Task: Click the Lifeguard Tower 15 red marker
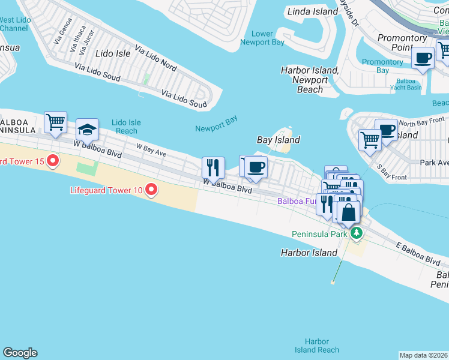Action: (53, 160)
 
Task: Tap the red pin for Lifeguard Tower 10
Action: (151, 190)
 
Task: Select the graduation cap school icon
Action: (87, 129)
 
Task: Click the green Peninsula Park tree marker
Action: (357, 233)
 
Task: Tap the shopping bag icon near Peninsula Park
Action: (348, 212)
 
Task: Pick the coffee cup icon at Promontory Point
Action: (423, 58)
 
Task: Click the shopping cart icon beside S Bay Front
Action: (370, 140)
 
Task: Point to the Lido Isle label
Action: (114, 54)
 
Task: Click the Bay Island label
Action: (278, 140)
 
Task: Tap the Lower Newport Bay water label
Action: (262, 38)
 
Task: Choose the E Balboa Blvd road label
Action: (418, 253)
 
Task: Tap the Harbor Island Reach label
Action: (316, 346)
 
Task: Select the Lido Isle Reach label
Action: (126, 127)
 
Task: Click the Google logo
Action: (20, 353)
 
